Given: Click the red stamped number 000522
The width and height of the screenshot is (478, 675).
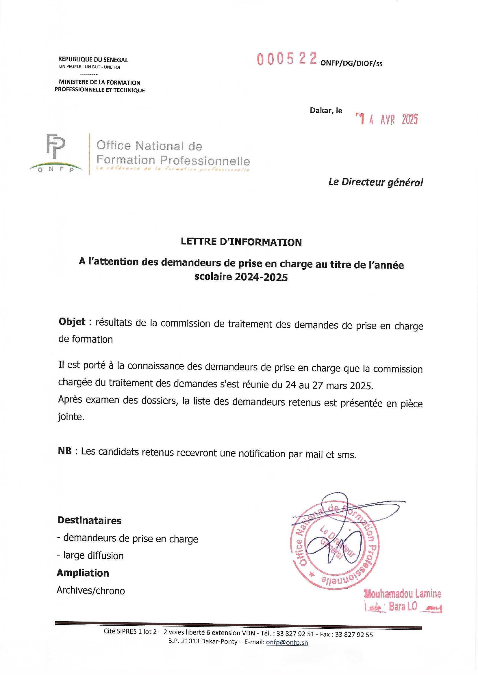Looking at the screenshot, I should tap(287, 59).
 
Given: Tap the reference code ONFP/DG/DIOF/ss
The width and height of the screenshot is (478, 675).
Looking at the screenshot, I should tap(351, 64).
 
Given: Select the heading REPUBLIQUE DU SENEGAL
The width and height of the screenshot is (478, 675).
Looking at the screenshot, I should tap(93, 60).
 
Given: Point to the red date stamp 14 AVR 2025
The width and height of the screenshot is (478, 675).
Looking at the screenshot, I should tap(387, 119).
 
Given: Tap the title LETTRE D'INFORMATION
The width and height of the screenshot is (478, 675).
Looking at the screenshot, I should tap(241, 242).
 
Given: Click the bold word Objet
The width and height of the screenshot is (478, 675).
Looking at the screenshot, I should tap(72, 322).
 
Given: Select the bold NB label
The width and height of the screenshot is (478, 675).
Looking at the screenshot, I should tap(65, 451).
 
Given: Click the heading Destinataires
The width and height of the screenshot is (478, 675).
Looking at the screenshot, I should tap(89, 520).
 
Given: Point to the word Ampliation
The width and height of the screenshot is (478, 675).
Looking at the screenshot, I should tap(83, 573).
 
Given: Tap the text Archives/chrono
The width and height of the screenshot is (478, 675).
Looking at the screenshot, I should tap(91, 591).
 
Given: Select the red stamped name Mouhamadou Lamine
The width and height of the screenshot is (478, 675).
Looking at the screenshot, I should tap(403, 594).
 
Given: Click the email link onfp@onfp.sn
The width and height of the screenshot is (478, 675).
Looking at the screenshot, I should tap(287, 642).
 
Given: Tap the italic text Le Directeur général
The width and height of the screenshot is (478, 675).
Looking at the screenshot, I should tap(376, 182).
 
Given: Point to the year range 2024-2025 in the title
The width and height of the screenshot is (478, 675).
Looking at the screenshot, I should tap(261, 277).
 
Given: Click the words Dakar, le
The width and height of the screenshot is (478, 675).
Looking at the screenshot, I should tap(326, 111).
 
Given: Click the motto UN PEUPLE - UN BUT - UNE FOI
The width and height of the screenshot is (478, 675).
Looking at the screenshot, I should tap(90, 67).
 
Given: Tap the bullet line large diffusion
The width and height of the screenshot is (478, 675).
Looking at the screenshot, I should tap(90, 556).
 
